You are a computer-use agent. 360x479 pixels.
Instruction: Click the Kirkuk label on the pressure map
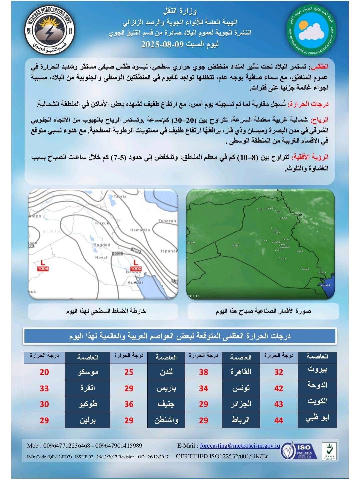point(102,223)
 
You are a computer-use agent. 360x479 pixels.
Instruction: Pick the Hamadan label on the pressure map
point(138,230)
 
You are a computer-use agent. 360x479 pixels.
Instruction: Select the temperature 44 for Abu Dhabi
point(278,420)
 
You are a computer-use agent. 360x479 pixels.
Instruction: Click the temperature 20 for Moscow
point(44,372)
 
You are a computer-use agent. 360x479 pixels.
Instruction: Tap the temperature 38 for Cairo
point(203,372)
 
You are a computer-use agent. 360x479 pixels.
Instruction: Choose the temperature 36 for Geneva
point(129,404)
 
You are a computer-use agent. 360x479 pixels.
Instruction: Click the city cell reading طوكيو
point(88,404)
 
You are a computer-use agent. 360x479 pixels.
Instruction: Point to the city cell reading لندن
point(166,372)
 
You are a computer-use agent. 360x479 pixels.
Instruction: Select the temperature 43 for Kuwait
point(278,404)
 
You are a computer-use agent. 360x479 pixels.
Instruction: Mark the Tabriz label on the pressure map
point(120,196)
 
